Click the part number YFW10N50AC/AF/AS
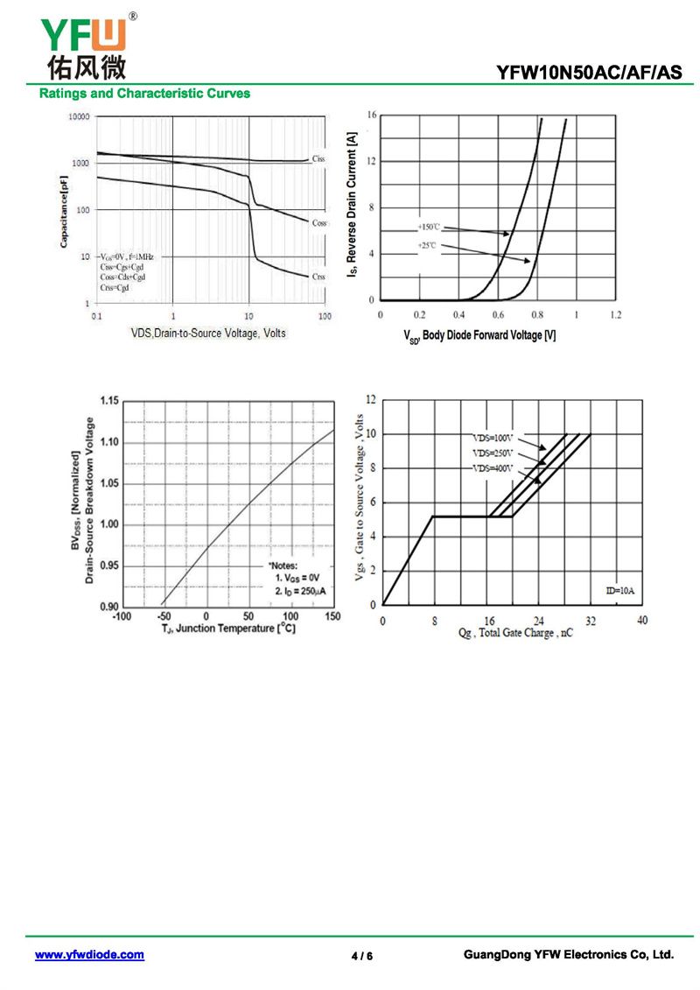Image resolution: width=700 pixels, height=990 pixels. click(589, 74)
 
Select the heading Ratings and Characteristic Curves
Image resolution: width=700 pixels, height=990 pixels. click(144, 94)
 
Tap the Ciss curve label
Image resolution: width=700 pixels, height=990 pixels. click(318, 158)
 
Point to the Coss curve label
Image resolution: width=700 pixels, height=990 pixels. click(318, 223)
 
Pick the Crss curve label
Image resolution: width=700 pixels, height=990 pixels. click(318, 277)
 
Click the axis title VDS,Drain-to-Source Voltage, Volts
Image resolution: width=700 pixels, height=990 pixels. click(207, 334)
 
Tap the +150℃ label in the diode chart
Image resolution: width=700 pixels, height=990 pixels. click(429, 227)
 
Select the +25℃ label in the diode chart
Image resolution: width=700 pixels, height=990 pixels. click(426, 246)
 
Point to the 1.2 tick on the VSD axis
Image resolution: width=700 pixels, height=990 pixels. click(615, 313)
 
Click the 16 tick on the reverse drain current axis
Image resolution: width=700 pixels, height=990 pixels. click(372, 116)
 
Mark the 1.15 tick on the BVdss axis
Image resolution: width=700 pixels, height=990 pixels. click(108, 401)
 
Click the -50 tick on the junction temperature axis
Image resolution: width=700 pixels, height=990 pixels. click(164, 617)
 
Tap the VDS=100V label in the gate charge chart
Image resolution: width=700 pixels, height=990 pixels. click(491, 438)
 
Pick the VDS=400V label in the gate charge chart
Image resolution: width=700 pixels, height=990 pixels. click(493, 469)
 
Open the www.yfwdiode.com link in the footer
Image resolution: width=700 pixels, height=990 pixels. click(89, 955)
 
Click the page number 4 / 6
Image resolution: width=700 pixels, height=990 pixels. click(362, 956)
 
